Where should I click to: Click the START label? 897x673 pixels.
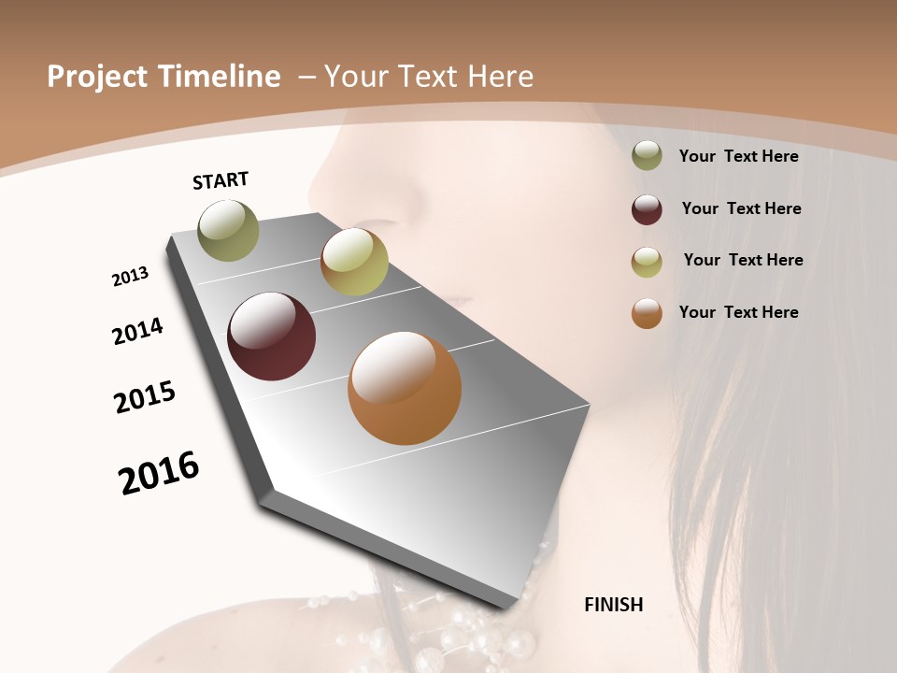point(221,180)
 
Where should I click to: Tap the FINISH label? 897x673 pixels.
point(614,605)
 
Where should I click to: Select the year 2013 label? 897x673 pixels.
point(130,277)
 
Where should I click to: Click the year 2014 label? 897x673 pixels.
point(137,331)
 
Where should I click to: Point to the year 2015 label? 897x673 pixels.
point(145,397)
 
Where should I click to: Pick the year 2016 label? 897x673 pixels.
point(159,472)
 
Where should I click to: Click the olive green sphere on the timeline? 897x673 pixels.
point(228,230)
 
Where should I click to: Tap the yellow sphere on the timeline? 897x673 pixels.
point(354,262)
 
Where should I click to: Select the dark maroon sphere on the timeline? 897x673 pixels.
point(272,336)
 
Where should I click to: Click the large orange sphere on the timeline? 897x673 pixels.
point(405,388)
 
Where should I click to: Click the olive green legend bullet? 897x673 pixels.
point(647,156)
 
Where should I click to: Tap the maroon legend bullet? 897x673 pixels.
point(647,209)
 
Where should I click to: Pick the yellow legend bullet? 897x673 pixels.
point(647,261)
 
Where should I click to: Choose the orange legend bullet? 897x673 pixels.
point(647,313)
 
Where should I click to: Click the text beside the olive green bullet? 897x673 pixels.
point(738,156)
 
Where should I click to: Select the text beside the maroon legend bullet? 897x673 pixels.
point(741,208)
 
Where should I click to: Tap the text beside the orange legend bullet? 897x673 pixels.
point(738,312)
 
